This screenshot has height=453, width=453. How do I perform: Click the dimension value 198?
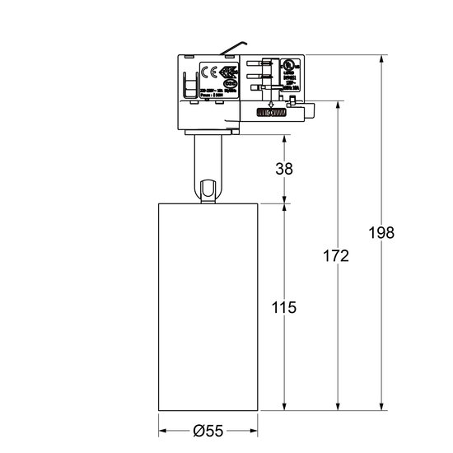coord(382,232)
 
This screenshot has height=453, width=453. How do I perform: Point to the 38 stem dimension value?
coord(284,168)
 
